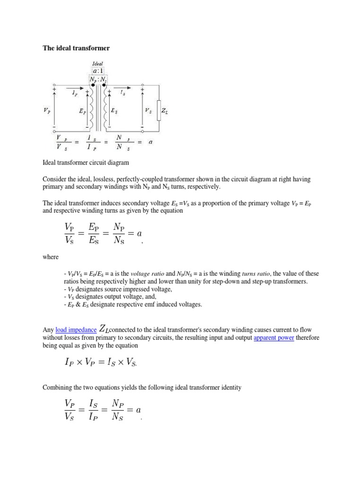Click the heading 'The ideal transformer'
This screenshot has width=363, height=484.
[x=76, y=48]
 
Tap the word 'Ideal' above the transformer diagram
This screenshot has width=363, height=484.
[x=98, y=64]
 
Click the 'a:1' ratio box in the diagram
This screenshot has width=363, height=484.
[x=98, y=71]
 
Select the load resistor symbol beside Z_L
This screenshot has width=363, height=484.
[x=159, y=110]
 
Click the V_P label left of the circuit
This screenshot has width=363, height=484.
[x=46, y=111]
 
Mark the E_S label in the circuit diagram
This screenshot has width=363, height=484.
[x=114, y=111]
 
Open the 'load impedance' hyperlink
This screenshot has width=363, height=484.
[x=76, y=329]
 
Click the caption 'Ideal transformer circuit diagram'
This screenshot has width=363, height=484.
[x=86, y=163]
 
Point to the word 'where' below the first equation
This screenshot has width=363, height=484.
[x=51, y=257]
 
